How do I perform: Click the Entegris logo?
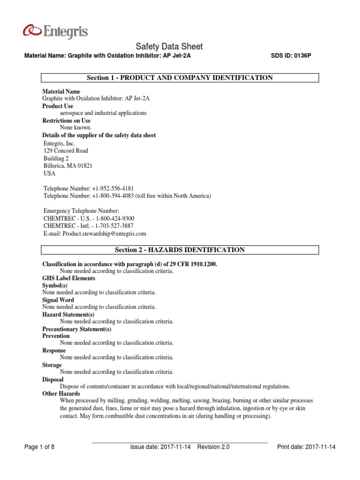(55, 32)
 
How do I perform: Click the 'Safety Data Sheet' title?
(169, 46)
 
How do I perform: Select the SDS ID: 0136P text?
(291, 56)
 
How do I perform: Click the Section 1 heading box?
(180, 78)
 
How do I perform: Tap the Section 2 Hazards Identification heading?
(180, 250)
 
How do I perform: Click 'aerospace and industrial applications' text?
(103, 113)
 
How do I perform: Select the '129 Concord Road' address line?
(65, 151)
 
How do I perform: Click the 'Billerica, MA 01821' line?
(67, 166)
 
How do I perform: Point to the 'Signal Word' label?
(58, 300)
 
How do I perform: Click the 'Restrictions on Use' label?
(66, 120)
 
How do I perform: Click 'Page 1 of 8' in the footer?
(39, 447)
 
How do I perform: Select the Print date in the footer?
(307, 447)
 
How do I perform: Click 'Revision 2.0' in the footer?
(213, 447)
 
